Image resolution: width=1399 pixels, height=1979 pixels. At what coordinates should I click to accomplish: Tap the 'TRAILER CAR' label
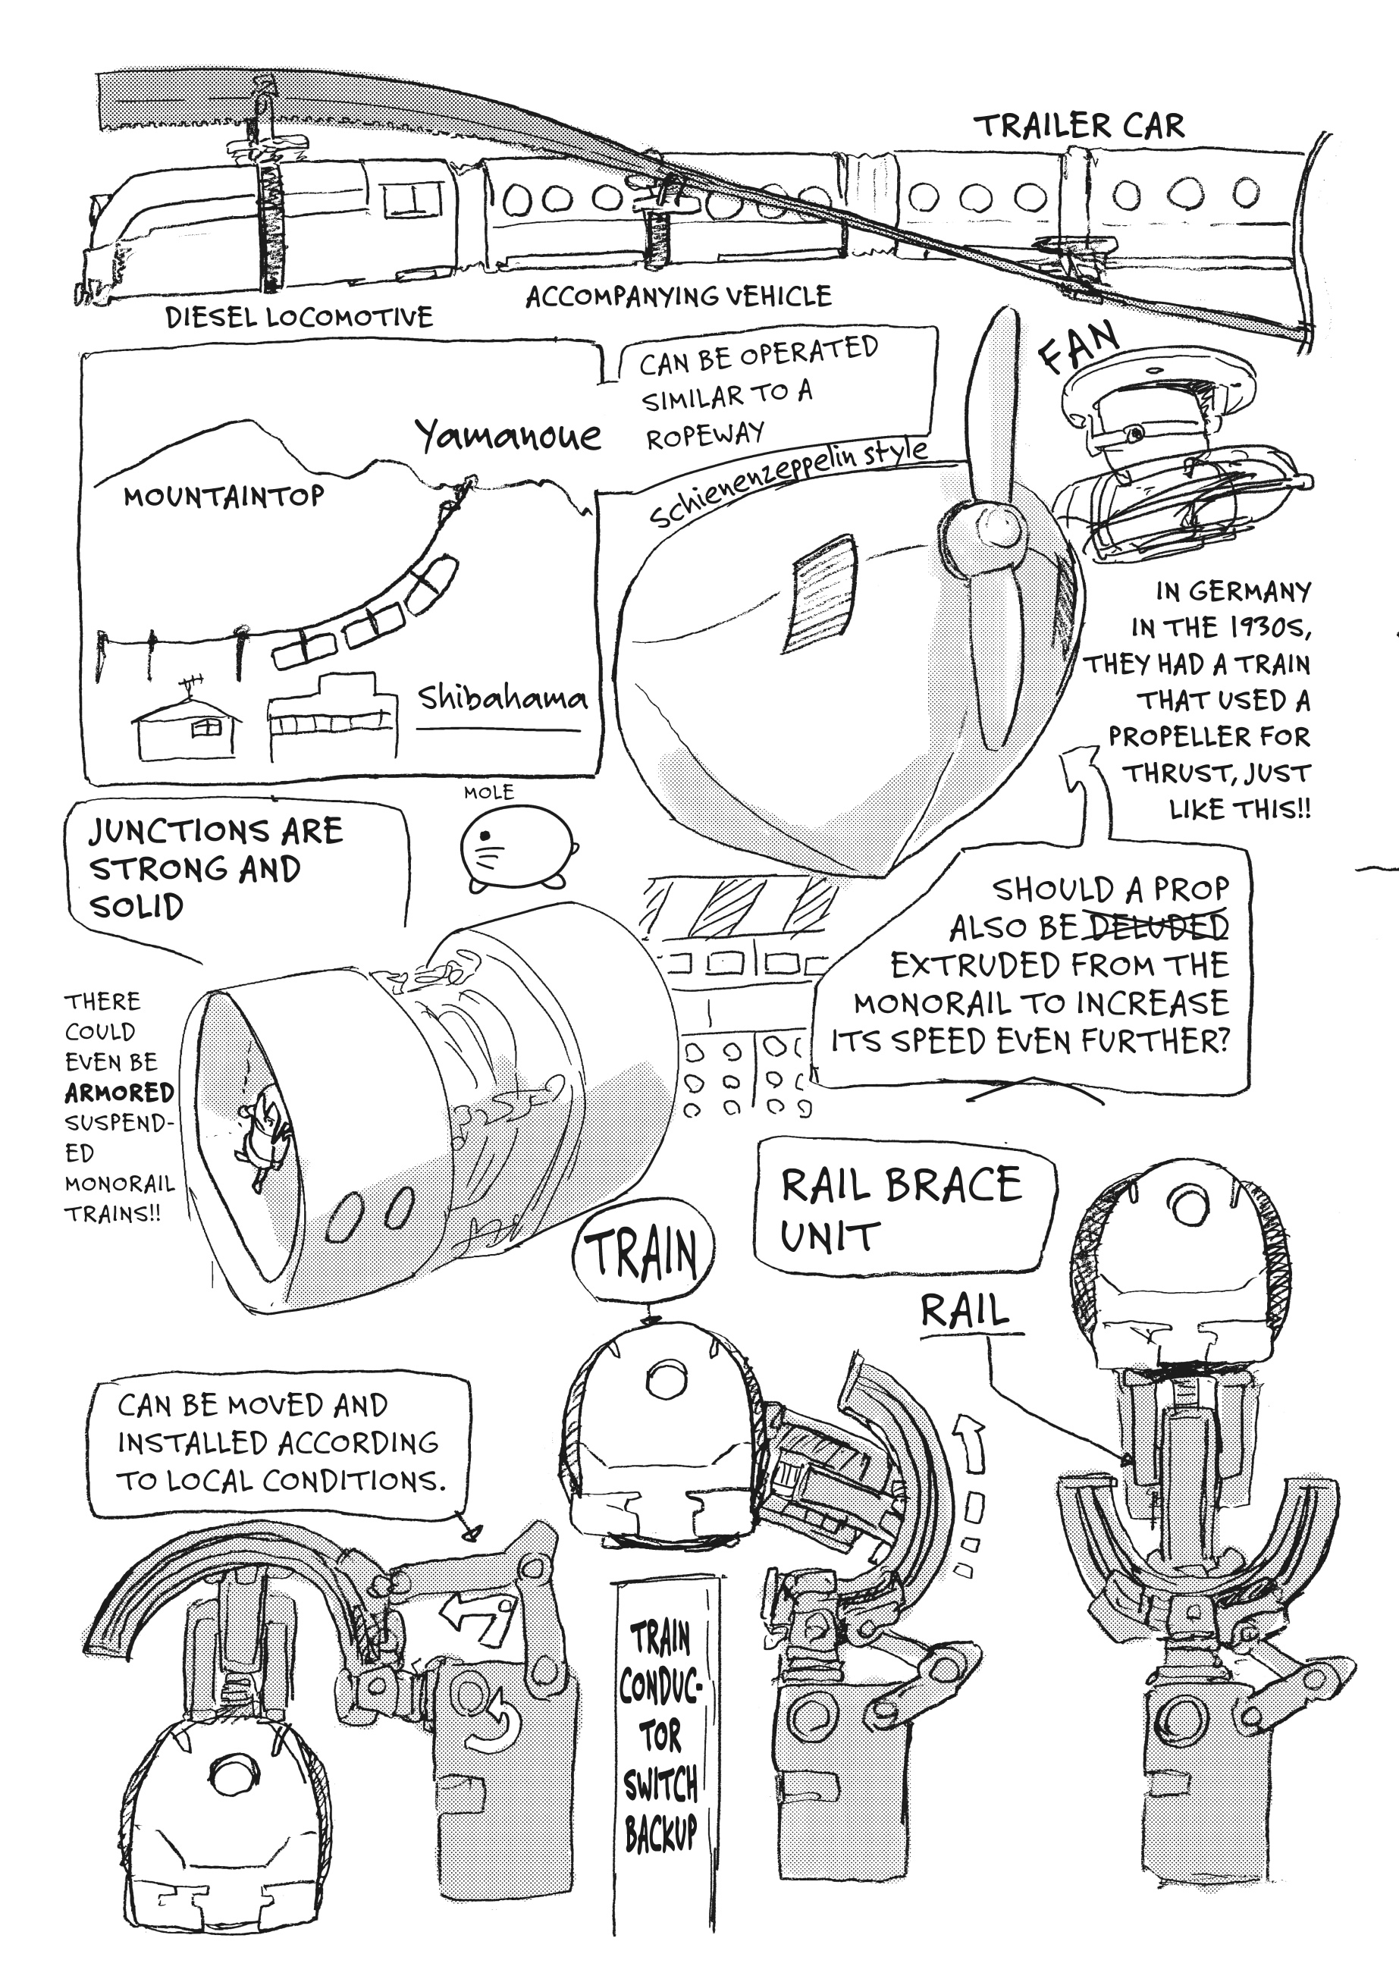[1079, 126]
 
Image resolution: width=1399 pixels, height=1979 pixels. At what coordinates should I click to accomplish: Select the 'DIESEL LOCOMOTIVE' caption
[299, 317]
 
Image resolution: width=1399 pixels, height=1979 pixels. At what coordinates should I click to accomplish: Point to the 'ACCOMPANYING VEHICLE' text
[679, 296]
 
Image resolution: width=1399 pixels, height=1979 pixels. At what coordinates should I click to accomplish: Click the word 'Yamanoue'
[508, 436]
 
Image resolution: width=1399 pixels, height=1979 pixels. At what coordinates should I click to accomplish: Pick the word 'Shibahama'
[502, 698]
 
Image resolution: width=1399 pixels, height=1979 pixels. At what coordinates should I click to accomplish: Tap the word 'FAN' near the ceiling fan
[1079, 346]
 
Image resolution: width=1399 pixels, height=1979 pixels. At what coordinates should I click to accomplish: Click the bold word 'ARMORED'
[120, 1092]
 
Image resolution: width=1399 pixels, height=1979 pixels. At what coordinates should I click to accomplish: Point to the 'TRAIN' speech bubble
[642, 1255]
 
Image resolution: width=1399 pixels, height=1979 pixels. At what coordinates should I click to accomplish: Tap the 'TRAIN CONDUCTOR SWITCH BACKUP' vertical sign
[661, 1737]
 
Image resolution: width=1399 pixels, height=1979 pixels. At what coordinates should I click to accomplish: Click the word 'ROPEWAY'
[705, 435]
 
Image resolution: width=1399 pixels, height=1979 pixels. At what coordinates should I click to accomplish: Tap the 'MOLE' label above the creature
[489, 792]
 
